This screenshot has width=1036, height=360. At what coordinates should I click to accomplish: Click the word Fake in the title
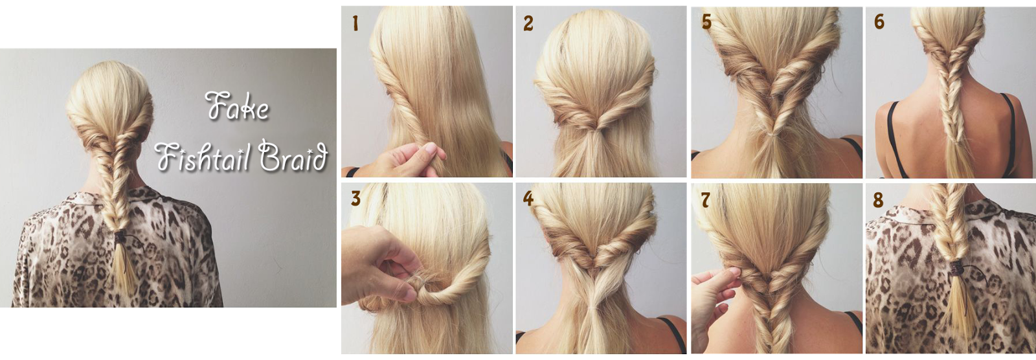237,106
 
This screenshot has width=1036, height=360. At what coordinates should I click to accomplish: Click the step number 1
355,23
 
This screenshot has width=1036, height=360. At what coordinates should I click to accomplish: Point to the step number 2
528,23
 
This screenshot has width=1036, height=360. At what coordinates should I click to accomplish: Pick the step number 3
355,198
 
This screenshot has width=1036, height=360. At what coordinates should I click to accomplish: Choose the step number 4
528,198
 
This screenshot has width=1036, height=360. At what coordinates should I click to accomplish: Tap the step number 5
706,21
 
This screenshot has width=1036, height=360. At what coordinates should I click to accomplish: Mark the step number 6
879,21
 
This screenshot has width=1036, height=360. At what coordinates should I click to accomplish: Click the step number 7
705,200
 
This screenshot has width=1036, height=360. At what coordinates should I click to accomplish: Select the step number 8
878,200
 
